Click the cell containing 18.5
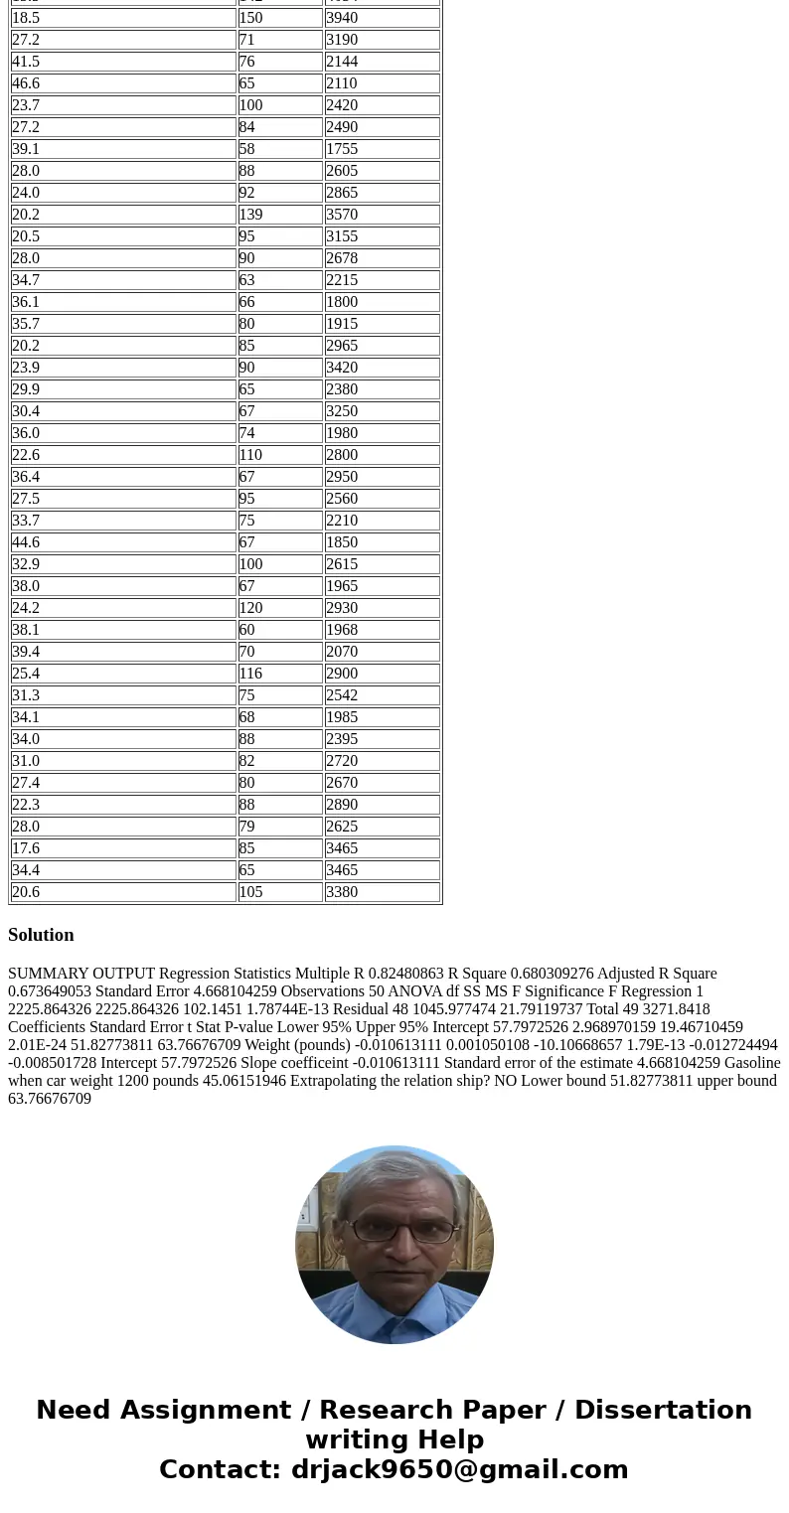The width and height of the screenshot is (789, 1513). pyautogui.click(x=123, y=18)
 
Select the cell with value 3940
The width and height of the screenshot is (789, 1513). pyautogui.click(x=382, y=18)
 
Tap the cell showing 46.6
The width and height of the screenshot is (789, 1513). pyautogui.click(x=123, y=83)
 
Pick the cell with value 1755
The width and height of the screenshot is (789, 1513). pyautogui.click(x=382, y=149)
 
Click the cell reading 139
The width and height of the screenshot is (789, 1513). pyautogui.click(x=280, y=215)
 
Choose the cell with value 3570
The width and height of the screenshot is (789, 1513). pyautogui.click(x=382, y=215)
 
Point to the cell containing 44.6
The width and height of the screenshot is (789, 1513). pyautogui.click(x=123, y=542)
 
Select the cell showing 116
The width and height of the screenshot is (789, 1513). pyautogui.click(x=280, y=674)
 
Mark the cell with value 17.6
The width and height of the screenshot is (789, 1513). pyautogui.click(x=123, y=848)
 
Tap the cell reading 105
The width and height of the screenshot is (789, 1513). pyautogui.click(x=280, y=892)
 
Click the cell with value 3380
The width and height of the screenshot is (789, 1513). pyautogui.click(x=382, y=892)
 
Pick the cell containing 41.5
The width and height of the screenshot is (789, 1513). pyautogui.click(x=123, y=62)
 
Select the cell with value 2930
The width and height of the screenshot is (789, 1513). pyautogui.click(x=382, y=608)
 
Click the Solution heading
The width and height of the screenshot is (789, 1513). pyautogui.click(x=41, y=935)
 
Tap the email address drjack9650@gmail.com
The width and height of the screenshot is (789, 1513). pyautogui.click(x=459, y=1470)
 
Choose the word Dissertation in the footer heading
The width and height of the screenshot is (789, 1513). pyautogui.click(x=663, y=1411)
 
